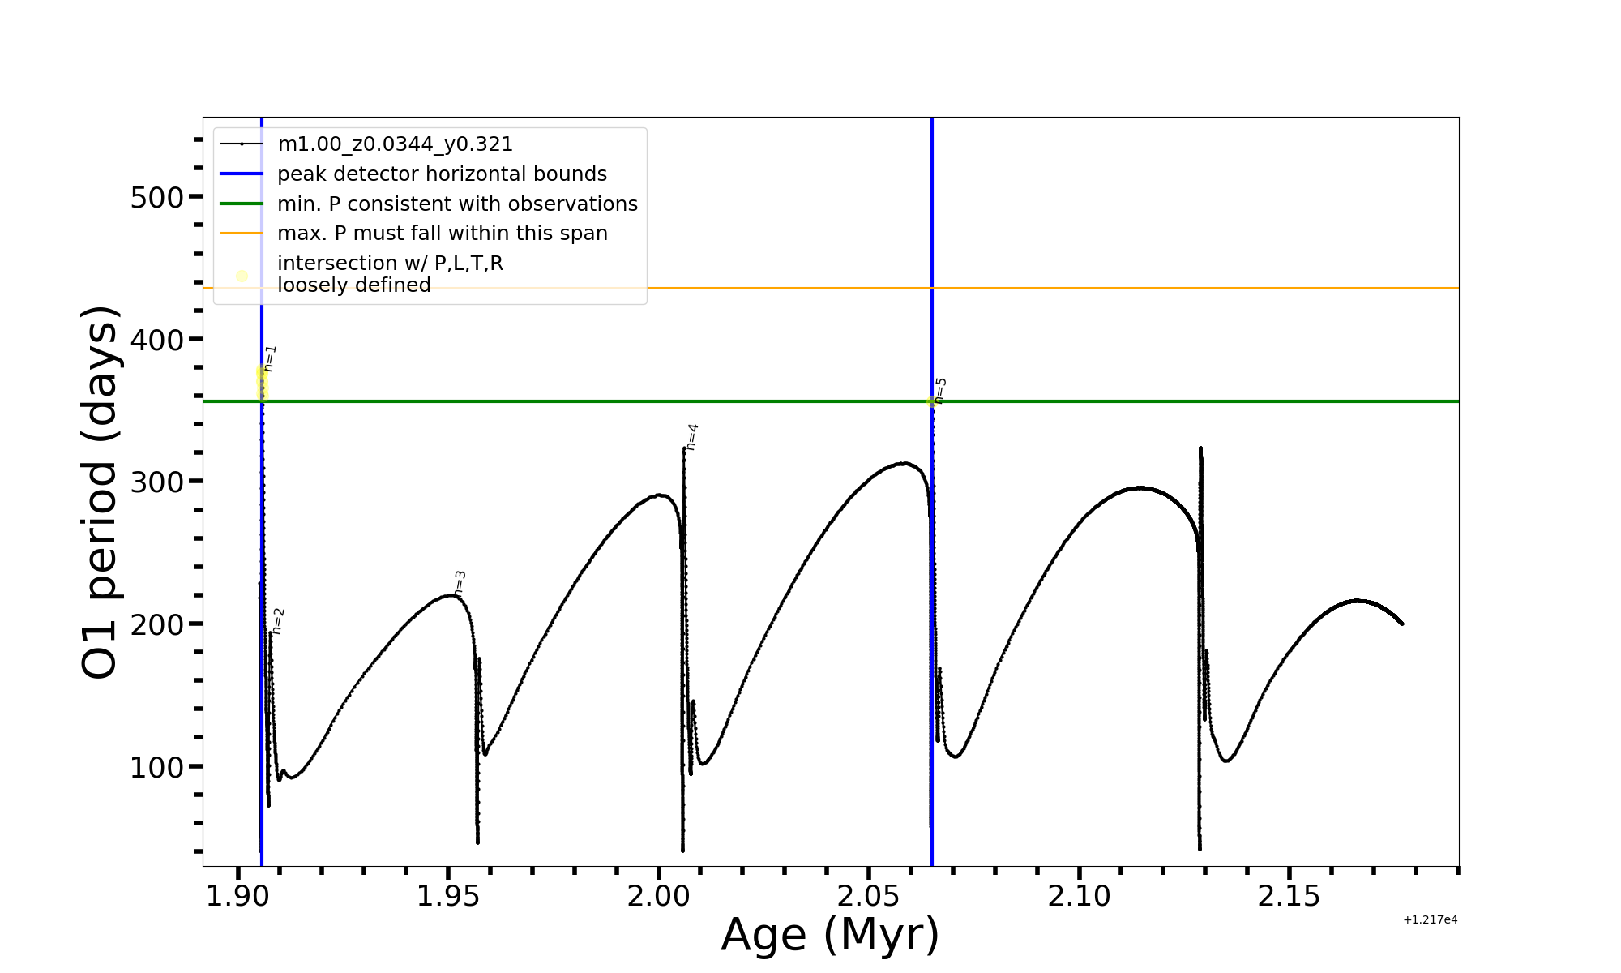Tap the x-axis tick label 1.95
tap(448, 897)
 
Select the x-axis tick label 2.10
tap(1079, 897)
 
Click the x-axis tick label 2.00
tap(658, 897)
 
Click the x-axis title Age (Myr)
tap(830, 935)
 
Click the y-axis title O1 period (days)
tap(101, 492)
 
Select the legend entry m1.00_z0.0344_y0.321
tap(395, 144)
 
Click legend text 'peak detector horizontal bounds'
tap(442, 174)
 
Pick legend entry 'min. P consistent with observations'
tap(457, 204)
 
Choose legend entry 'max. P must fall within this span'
tap(442, 234)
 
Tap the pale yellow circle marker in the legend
tap(242, 276)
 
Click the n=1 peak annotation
tap(270, 358)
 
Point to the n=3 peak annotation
tap(460, 583)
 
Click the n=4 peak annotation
tap(691, 437)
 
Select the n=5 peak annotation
tap(940, 390)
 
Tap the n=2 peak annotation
tap(278, 621)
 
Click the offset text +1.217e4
tap(1430, 920)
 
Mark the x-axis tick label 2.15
tap(1289, 897)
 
